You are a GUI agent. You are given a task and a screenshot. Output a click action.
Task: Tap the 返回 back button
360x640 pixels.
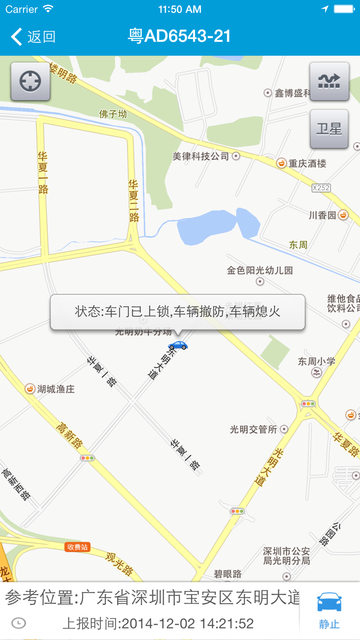(x=33, y=36)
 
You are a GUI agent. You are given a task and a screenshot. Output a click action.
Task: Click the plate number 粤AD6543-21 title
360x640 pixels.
(x=179, y=36)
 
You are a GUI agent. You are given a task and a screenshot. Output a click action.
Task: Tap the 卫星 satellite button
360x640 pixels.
(x=329, y=129)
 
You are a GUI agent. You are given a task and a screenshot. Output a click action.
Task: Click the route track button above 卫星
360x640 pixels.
(x=329, y=81)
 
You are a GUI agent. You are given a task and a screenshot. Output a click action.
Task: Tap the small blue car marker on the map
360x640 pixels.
(x=177, y=345)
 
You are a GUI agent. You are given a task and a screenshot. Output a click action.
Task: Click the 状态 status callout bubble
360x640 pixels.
(x=177, y=312)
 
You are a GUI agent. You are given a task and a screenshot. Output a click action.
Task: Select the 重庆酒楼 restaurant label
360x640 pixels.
(x=306, y=163)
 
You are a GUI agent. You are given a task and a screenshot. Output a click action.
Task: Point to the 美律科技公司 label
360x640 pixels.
(x=201, y=156)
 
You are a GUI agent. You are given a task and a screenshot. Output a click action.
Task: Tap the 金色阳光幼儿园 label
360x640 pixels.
(x=259, y=270)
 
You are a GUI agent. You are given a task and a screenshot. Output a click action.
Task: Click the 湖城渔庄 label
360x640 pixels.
(x=55, y=388)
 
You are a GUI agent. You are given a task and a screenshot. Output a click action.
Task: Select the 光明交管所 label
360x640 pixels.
(x=253, y=429)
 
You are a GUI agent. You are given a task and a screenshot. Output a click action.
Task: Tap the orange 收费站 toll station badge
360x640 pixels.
(x=77, y=547)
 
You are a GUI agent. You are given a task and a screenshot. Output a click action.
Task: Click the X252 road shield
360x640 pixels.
(x=321, y=187)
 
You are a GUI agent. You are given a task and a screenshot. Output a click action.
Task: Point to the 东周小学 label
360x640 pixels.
(x=316, y=361)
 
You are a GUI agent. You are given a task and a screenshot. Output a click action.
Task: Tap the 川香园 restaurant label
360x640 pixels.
(x=322, y=215)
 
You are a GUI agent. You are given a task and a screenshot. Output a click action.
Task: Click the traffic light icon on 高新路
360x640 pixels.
(x=87, y=457)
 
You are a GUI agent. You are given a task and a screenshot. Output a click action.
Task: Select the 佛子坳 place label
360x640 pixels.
(x=113, y=114)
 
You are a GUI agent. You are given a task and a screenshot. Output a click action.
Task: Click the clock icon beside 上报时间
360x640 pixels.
(x=18, y=623)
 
